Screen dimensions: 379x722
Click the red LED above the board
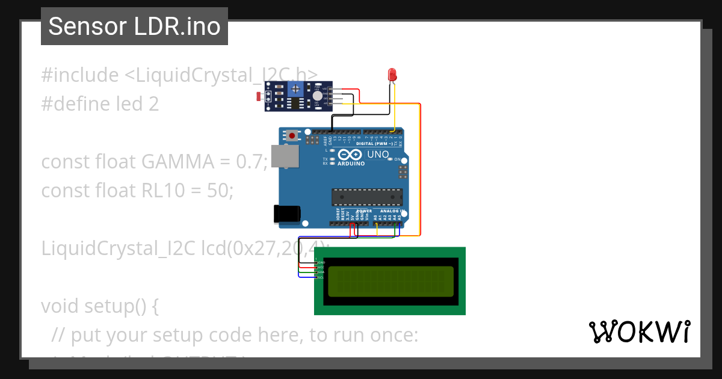pos(392,75)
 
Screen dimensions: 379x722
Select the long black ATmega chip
pos(367,197)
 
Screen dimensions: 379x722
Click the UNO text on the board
pos(378,155)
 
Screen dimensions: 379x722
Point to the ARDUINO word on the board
pos(351,163)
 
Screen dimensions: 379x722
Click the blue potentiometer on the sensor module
pos(295,90)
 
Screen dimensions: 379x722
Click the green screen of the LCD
pos(390,282)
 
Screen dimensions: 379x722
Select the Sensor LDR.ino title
pos(134,26)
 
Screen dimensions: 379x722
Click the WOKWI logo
pos(639,332)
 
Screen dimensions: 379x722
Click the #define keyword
pos(76,104)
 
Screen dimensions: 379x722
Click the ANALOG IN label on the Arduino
pos(392,211)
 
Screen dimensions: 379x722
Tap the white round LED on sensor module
pos(317,95)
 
